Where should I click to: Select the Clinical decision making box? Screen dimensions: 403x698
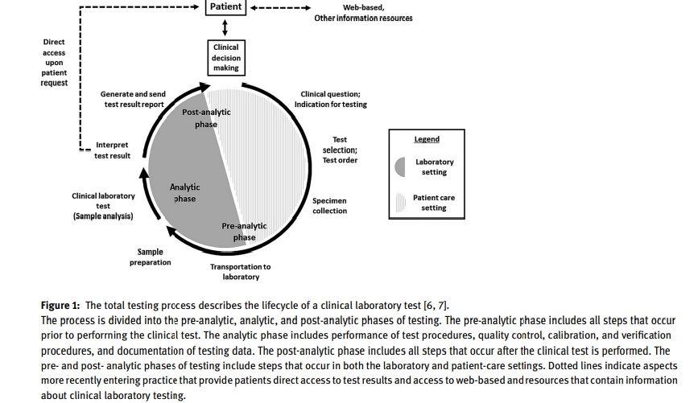tap(225, 58)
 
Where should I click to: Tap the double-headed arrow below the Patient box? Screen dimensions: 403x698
tap(225, 29)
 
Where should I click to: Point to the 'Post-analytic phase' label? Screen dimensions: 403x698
tap(206, 117)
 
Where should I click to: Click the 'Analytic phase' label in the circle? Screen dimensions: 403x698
tap(184, 193)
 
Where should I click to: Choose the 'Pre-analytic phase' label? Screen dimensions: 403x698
tap(244, 232)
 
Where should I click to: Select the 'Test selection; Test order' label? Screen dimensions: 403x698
tap(340, 150)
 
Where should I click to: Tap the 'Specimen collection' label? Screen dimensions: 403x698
tap(330, 206)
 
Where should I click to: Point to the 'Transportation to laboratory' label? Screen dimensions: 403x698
tap(241, 272)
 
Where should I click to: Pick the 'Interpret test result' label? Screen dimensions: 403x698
tap(112, 150)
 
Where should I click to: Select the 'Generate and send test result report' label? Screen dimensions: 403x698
tap(133, 99)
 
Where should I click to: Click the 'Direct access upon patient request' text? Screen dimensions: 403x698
tap(54, 62)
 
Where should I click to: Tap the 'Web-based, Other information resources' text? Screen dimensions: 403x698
tap(363, 13)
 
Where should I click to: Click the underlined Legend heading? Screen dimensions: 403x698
tap(427, 139)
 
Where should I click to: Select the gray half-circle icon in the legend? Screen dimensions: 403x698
tap(403, 167)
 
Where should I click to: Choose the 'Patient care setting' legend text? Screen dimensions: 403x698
tap(433, 203)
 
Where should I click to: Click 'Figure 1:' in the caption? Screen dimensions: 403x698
tap(61, 305)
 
